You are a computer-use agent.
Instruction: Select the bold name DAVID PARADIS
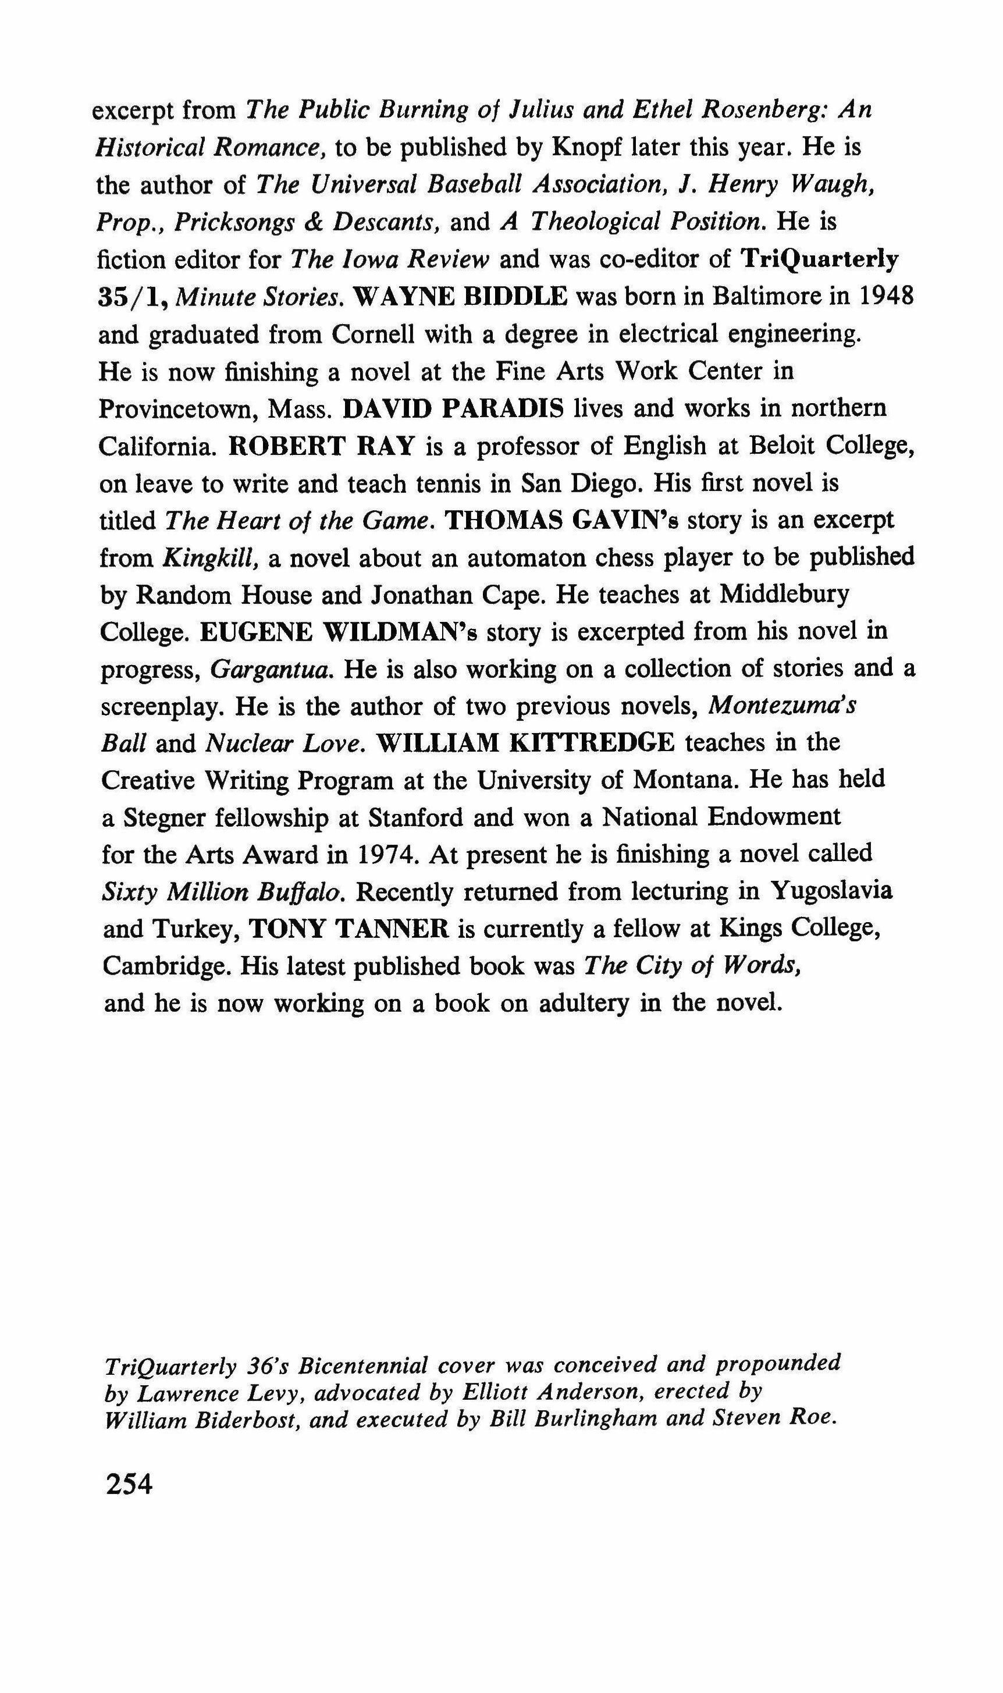click(x=454, y=409)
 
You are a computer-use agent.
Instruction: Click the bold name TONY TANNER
click(x=350, y=929)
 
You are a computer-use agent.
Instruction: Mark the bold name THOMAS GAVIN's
click(x=563, y=520)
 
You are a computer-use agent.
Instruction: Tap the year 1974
click(x=381, y=854)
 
